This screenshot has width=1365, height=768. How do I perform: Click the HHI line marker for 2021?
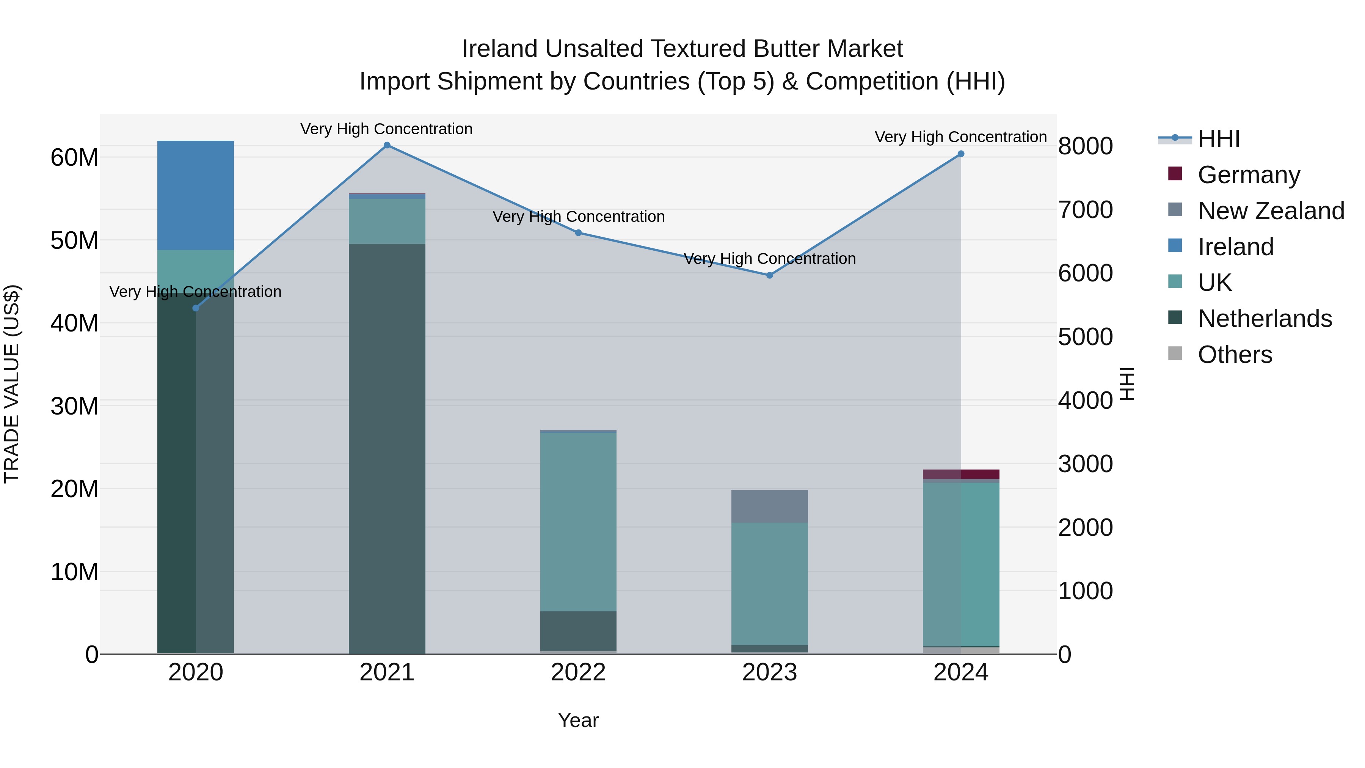(387, 145)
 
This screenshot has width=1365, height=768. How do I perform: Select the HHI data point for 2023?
(769, 275)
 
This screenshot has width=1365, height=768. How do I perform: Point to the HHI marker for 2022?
(578, 233)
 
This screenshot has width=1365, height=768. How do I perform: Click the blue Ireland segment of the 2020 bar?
(196, 195)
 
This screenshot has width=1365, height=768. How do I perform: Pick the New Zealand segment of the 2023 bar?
(769, 506)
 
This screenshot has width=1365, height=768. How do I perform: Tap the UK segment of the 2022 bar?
(578, 522)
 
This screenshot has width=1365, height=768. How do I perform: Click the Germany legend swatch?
(1175, 174)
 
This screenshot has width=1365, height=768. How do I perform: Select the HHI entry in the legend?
(1218, 139)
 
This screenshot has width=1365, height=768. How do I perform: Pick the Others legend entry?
(1234, 355)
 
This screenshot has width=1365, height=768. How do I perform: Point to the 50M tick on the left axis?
(74, 240)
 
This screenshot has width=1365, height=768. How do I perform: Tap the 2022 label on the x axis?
(578, 672)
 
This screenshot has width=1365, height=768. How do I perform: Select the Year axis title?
(578, 720)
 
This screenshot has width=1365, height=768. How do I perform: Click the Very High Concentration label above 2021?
(386, 129)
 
